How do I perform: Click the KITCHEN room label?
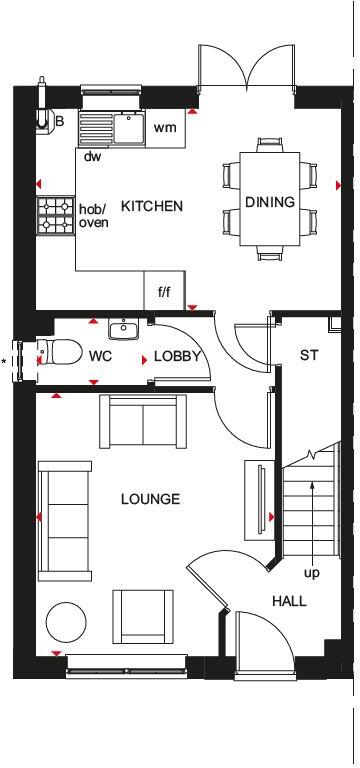pyautogui.click(x=152, y=207)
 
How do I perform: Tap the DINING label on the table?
pyautogui.click(x=270, y=202)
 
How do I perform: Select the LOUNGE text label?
pyautogui.click(x=150, y=499)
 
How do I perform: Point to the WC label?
pyautogui.click(x=100, y=356)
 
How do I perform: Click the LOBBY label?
pyautogui.click(x=178, y=356)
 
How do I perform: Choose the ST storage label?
pyautogui.click(x=308, y=356)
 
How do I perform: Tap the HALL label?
pyautogui.click(x=289, y=601)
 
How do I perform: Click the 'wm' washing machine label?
pyautogui.click(x=164, y=127)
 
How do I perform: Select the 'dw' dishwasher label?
pyautogui.click(x=92, y=156)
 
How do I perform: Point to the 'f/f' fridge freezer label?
pyautogui.click(x=164, y=293)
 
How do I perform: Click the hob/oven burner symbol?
pyautogui.click(x=50, y=215)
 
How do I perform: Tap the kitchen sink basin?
pyautogui.click(x=128, y=126)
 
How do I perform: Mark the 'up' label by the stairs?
pyautogui.click(x=312, y=573)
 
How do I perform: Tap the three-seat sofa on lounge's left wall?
pyautogui.click(x=62, y=519)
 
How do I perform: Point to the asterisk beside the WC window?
pyautogui.click(x=5, y=362)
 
